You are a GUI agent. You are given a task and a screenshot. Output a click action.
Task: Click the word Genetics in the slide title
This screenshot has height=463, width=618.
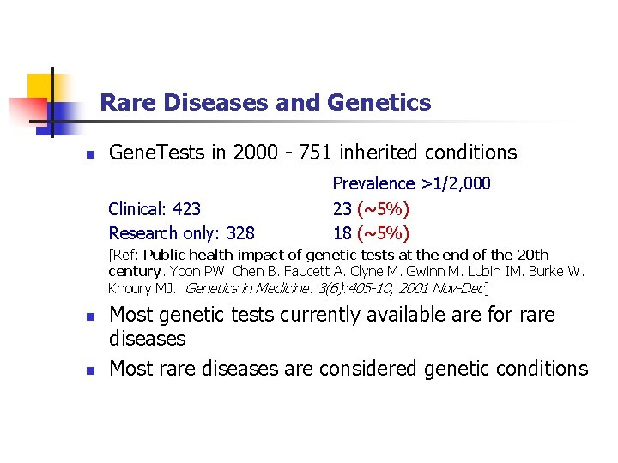379,104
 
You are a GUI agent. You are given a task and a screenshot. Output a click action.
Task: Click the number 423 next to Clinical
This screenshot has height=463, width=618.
187,209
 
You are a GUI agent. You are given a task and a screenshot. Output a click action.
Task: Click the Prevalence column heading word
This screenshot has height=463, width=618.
373,183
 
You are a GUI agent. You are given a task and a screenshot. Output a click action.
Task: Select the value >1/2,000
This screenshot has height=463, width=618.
456,183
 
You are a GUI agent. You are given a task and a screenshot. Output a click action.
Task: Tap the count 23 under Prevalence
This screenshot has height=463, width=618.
342,209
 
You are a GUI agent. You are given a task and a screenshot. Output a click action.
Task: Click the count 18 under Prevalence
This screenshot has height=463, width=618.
342,233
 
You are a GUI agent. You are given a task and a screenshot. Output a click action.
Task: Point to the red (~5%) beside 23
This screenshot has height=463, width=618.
384,209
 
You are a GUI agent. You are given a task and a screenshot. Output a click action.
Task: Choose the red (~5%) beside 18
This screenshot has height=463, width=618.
384,233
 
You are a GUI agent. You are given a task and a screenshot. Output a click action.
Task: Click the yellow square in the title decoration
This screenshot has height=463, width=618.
41,87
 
